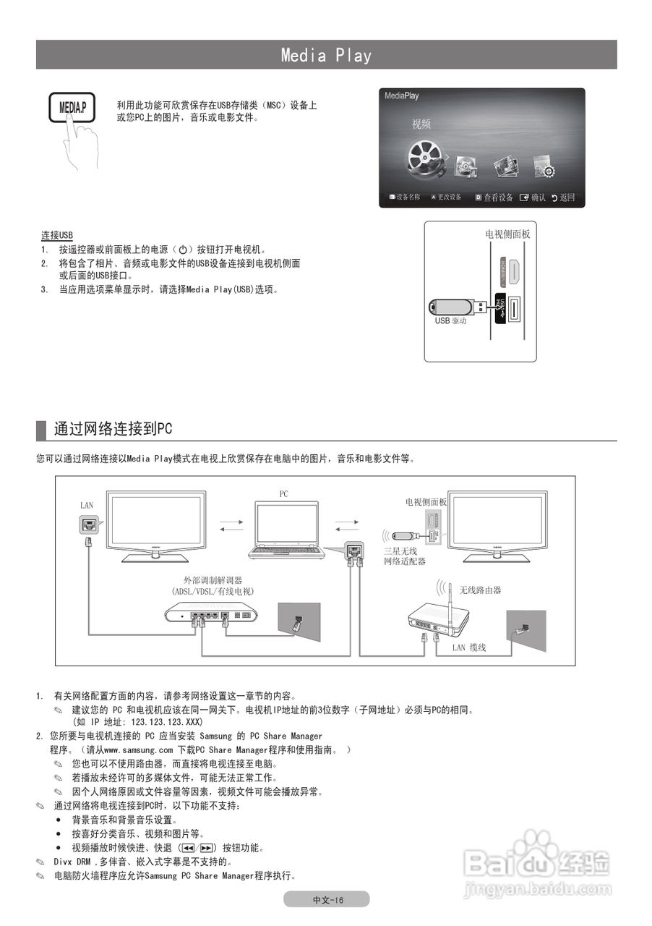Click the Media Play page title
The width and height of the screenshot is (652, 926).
pyautogui.click(x=326, y=55)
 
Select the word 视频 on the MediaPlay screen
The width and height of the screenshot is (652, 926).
pyautogui.click(x=421, y=124)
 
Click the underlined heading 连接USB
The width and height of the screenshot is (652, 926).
pyautogui.click(x=57, y=236)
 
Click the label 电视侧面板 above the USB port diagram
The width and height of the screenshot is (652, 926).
pyautogui.click(x=507, y=234)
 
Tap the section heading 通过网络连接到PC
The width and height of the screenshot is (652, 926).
pyautogui.click(x=113, y=428)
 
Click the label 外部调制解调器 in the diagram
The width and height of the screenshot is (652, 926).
pyautogui.click(x=213, y=580)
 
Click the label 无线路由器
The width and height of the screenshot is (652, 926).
pyautogui.click(x=480, y=590)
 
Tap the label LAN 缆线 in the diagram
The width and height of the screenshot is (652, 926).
pyautogui.click(x=469, y=647)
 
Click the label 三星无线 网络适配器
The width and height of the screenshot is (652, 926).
pyautogui.click(x=404, y=556)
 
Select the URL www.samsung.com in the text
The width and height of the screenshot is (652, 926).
pyautogui.click(x=144, y=750)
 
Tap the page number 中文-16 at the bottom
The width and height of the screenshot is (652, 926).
pyautogui.click(x=327, y=899)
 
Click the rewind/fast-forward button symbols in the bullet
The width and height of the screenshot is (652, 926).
pyautogui.click(x=198, y=848)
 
